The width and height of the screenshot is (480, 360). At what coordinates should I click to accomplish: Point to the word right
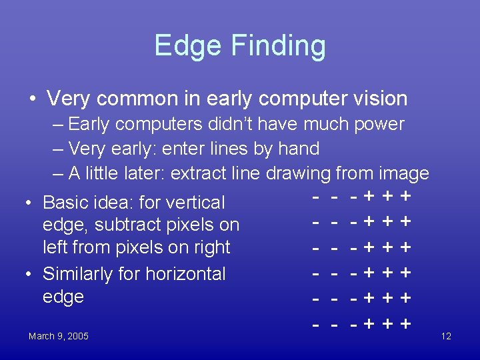point(207,247)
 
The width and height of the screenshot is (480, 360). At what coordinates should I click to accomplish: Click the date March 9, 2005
point(59,336)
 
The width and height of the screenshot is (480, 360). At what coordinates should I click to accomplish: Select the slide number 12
point(446,336)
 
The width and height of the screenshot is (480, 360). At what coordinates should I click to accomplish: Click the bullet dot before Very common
point(33,99)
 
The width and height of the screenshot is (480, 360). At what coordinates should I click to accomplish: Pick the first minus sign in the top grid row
point(317,196)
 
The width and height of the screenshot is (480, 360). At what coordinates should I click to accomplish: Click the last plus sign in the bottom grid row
point(403,325)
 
